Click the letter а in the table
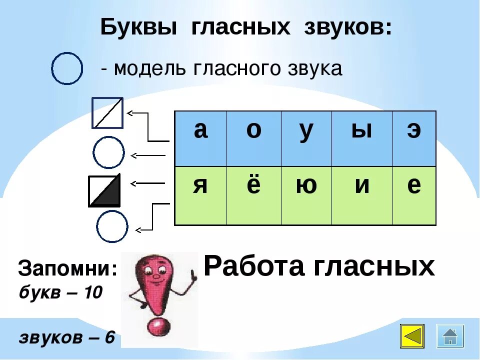(200, 131)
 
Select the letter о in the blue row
(253, 131)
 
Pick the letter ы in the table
(361, 131)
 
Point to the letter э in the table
(413, 131)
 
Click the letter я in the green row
(200, 186)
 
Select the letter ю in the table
(306, 186)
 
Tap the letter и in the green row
(361, 186)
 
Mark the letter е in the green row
(413, 186)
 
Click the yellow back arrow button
(412, 336)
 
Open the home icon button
(450, 336)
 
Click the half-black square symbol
(104, 190)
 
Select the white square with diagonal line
(107, 113)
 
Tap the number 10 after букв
(92, 292)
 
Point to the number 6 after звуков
(109, 337)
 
